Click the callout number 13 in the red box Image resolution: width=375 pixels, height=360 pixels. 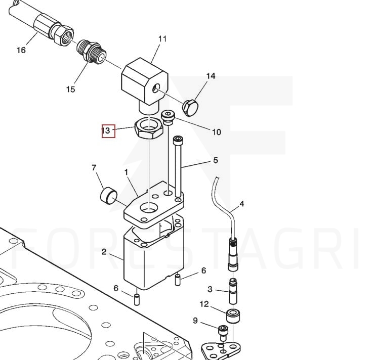(106, 130)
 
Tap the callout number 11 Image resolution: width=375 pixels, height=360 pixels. (162, 39)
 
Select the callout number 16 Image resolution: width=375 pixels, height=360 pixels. (21, 50)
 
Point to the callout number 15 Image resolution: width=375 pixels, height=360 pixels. (70, 89)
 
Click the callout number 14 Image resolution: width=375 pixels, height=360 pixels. (211, 76)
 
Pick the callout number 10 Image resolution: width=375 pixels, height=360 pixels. (217, 132)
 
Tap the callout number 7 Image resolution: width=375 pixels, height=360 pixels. (94, 168)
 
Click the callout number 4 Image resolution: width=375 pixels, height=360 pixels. (242, 204)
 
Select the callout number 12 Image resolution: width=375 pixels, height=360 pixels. (204, 304)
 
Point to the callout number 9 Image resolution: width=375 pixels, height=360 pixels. (195, 321)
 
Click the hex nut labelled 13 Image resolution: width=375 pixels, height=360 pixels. (149, 128)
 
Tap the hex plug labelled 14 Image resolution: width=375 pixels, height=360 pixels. (191, 108)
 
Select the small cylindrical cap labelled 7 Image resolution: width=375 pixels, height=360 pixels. (108, 195)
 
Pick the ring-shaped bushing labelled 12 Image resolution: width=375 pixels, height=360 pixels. (233, 316)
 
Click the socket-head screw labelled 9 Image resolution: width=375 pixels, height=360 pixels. (223, 333)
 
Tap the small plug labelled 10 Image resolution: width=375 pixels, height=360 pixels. (169, 117)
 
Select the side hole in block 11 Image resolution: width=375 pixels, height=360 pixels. (156, 88)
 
